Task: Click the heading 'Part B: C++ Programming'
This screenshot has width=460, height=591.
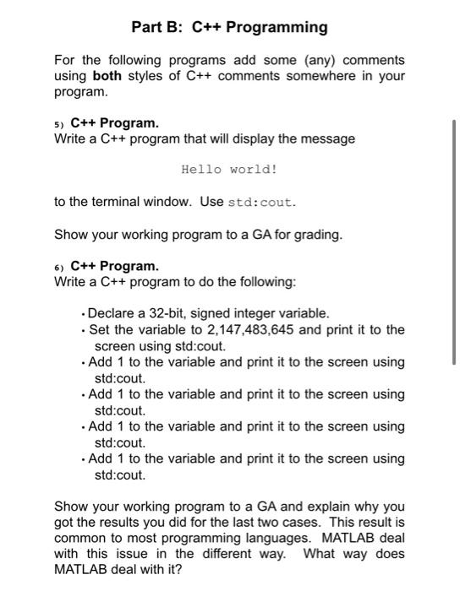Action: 229,27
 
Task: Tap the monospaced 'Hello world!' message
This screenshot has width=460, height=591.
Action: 229,170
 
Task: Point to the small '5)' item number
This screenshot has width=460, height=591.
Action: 59,123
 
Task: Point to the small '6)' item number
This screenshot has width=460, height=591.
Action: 59,267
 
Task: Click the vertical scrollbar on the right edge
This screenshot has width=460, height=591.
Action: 456,241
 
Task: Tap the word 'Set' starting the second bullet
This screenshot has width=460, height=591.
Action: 100,329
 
